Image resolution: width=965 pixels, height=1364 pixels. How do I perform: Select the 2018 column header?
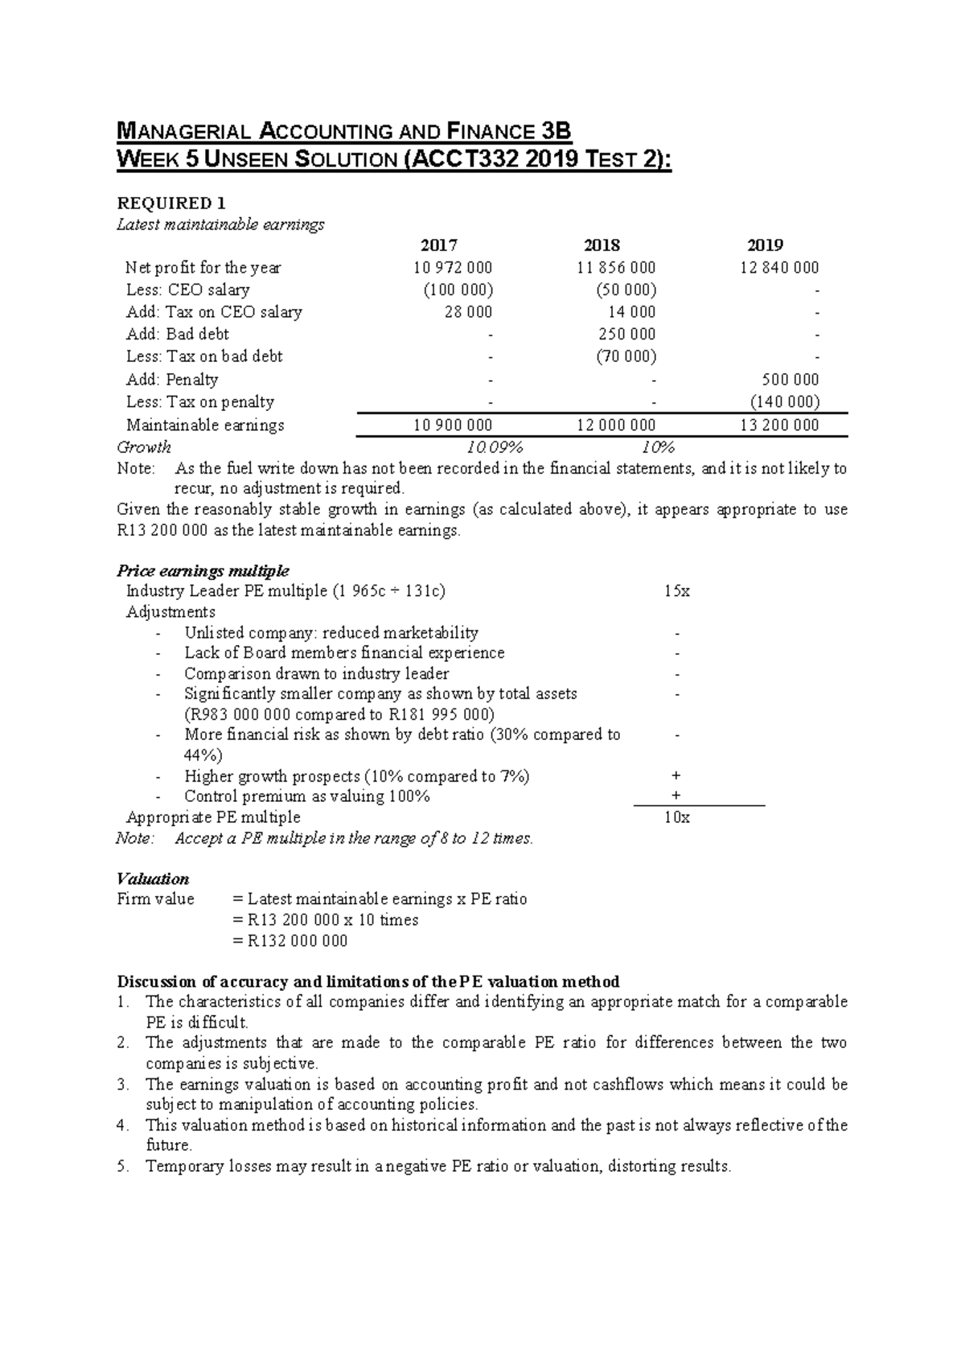[602, 245]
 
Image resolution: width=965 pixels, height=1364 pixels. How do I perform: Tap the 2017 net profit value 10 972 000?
[453, 268]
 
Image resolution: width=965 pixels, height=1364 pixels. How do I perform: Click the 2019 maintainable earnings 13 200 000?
[779, 425]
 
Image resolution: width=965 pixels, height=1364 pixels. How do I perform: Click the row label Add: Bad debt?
[178, 334]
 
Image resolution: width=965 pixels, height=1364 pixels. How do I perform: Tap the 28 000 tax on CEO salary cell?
[468, 312]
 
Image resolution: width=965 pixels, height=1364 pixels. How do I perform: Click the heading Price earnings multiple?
[203, 571]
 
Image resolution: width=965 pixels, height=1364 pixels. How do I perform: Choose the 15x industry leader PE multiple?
[676, 591]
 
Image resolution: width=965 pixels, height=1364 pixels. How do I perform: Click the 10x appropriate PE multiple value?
[676, 817]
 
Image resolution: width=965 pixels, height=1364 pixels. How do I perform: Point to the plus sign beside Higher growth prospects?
[675, 776]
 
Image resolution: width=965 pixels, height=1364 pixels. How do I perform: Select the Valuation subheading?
[153, 878]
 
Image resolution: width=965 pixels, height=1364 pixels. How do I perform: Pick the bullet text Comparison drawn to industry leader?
[316, 674]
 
